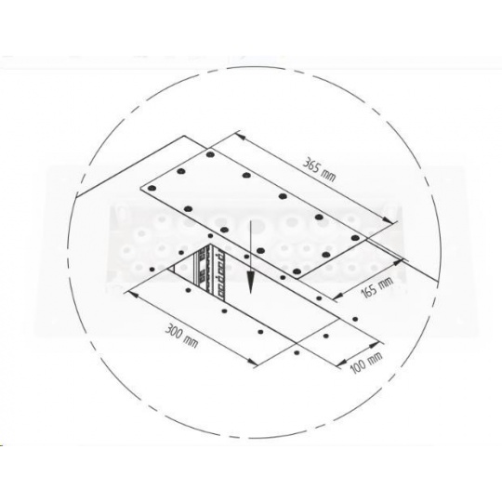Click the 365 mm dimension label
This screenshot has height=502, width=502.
tap(319, 170)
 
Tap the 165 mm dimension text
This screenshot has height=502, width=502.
tap(377, 286)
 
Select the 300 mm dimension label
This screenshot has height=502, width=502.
tap(181, 336)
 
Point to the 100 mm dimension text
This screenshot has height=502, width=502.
tap(367, 363)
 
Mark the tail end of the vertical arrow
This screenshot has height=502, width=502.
tap(251, 220)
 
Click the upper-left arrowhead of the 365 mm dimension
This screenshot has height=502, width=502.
tap(241, 136)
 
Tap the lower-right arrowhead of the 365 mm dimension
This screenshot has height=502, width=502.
tap(388, 220)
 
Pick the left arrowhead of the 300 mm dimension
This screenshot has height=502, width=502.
tap(135, 294)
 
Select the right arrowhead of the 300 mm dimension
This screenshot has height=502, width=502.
tap(252, 363)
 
